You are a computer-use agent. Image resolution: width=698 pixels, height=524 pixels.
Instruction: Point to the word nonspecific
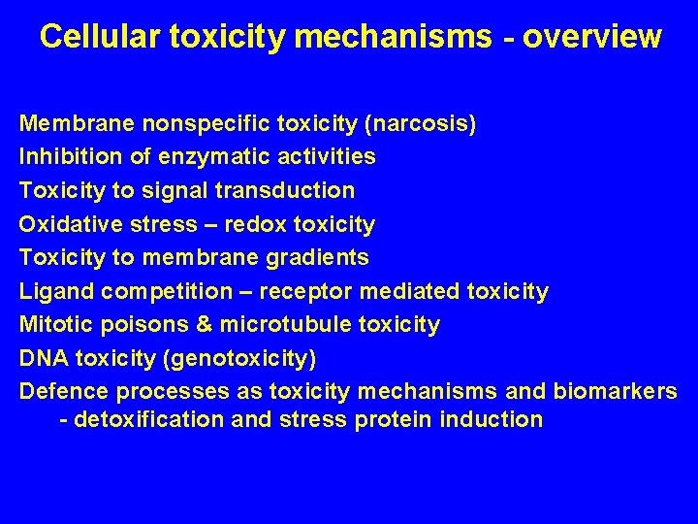[206, 124]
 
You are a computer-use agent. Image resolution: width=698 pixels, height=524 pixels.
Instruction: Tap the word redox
[254, 225]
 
